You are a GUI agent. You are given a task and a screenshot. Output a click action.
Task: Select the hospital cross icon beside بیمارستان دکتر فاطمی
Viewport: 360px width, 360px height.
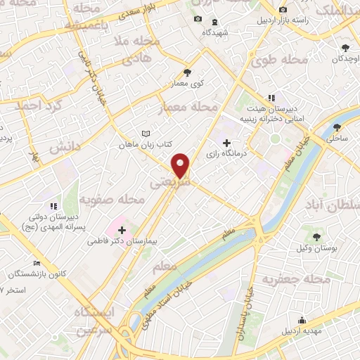point(122,230)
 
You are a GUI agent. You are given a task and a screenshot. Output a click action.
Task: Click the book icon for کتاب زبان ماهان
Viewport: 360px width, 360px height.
point(146,134)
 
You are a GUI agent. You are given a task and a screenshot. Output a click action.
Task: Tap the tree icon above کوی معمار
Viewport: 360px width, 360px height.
point(186,72)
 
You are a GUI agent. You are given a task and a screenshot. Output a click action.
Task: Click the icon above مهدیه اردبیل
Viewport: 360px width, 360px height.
point(302,320)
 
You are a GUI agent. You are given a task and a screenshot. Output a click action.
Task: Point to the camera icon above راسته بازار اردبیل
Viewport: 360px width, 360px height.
point(283,10)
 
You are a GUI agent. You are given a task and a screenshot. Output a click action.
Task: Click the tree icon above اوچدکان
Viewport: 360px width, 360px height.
point(345,48)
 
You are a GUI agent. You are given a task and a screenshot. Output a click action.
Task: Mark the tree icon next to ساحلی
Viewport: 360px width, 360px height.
point(338,127)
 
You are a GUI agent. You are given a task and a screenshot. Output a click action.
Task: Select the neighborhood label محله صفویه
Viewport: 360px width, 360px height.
point(112,200)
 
